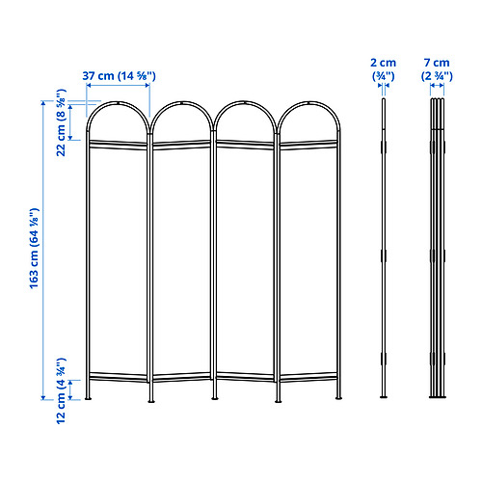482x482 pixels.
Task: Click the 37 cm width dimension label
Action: coord(117,74)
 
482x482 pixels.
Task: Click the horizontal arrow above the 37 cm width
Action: coord(117,86)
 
